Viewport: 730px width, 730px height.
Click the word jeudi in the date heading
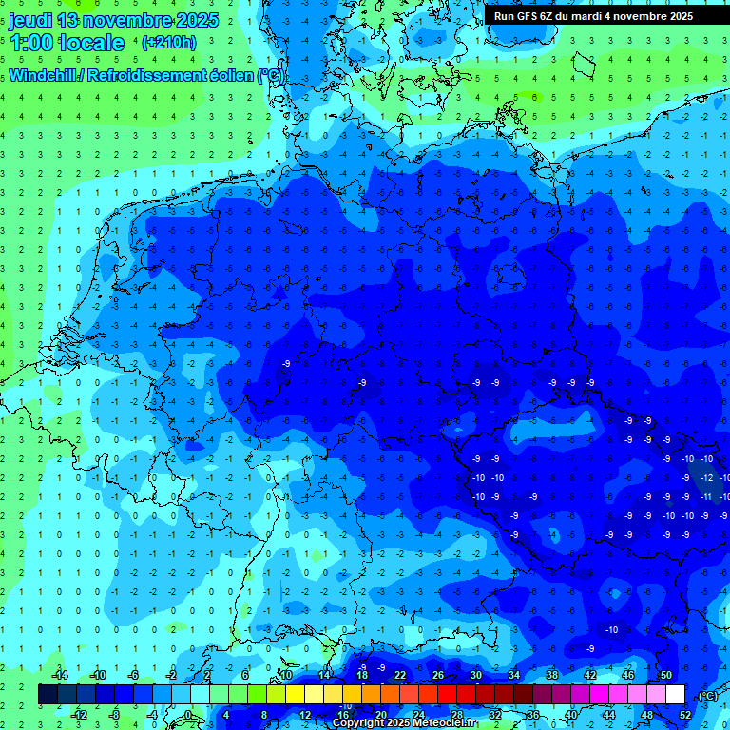pyautogui.click(x=31, y=20)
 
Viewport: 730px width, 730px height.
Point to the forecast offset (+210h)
pyautogui.click(x=168, y=43)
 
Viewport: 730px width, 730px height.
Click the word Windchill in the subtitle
pyautogui.click(x=45, y=74)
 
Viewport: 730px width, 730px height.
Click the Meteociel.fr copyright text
pyautogui.click(x=404, y=723)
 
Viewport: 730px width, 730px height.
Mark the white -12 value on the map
pyautogui.click(x=706, y=477)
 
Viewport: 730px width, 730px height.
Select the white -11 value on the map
pyautogui.click(x=706, y=496)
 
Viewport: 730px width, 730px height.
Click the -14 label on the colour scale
pyautogui.click(x=61, y=675)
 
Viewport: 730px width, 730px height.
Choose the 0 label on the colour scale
pyautogui.click(x=187, y=715)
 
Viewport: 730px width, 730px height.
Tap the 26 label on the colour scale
pyautogui.click(x=438, y=675)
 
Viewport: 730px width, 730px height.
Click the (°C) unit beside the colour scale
pyautogui.click(x=707, y=695)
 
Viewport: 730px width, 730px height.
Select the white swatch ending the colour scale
pyautogui.click(x=675, y=695)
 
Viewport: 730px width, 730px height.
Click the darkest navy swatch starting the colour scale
pyautogui.click(x=48, y=695)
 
